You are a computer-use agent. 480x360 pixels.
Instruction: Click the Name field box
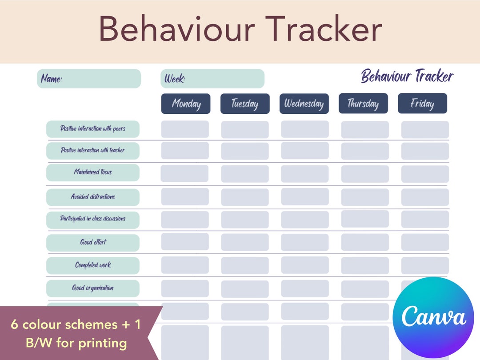click(x=89, y=79)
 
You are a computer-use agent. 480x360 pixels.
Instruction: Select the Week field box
click(x=212, y=79)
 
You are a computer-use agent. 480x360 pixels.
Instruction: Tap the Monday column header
click(x=185, y=104)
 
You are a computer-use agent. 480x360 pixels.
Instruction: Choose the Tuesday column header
click(x=245, y=104)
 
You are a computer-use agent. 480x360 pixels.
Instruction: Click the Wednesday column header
click(x=304, y=104)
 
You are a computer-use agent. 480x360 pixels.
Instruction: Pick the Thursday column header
click(x=363, y=104)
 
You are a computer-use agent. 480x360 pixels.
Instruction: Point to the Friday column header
click(x=422, y=104)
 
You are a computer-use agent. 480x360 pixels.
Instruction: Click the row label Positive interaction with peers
click(x=93, y=129)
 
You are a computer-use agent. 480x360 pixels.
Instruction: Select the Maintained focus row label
click(x=93, y=172)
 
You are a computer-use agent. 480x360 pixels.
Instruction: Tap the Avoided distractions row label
click(x=93, y=197)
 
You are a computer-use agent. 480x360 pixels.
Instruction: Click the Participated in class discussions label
click(x=93, y=219)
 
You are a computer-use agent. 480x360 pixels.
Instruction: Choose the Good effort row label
click(x=93, y=243)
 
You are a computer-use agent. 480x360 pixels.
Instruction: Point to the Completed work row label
click(x=93, y=265)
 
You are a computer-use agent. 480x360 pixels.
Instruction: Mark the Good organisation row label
click(x=93, y=288)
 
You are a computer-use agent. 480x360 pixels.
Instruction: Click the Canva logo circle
click(x=433, y=317)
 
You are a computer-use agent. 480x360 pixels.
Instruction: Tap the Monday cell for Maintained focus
click(x=185, y=173)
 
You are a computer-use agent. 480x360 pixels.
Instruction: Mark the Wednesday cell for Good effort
click(x=305, y=242)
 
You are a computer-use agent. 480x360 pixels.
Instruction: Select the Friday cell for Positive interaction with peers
click(x=425, y=130)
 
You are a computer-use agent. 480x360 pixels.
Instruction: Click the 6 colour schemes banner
click(x=76, y=333)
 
